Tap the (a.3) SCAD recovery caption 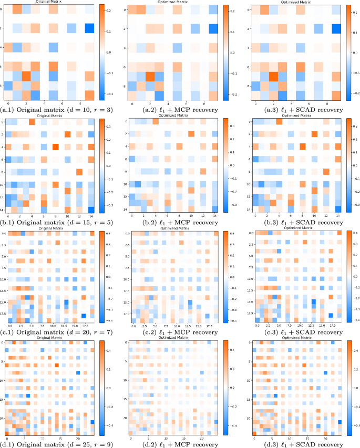click(x=295, y=110)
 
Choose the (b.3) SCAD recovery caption click(x=295, y=221)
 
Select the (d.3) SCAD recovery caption click(x=295, y=443)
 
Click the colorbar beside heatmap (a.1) click(x=102, y=53)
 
